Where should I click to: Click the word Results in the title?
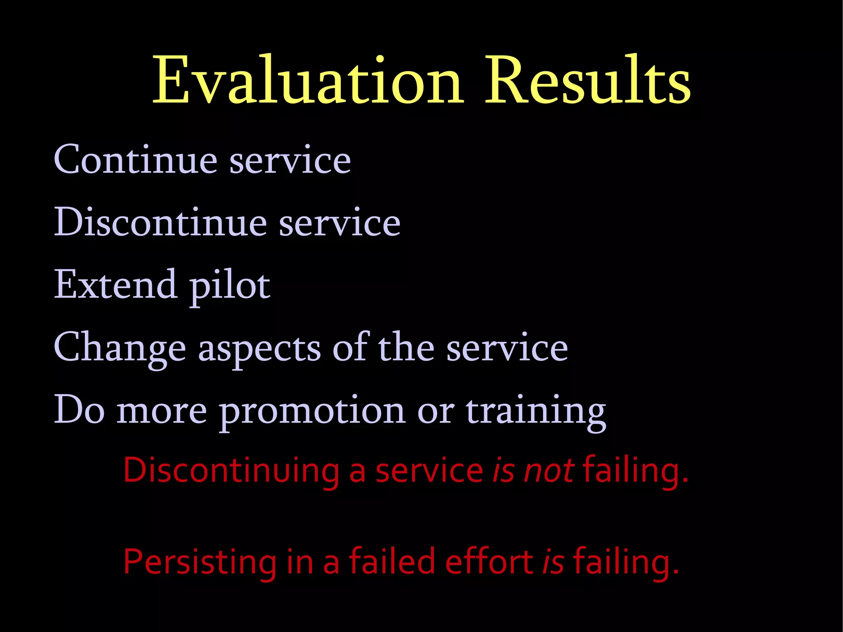click(588, 80)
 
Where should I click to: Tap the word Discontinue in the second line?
click(161, 222)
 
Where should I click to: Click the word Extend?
click(115, 285)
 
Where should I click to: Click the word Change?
click(120, 348)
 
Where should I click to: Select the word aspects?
click(259, 350)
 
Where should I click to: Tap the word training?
click(536, 412)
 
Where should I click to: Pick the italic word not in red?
click(549, 471)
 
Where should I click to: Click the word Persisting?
click(200, 562)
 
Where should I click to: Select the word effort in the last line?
click(489, 562)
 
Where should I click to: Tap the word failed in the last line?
click(392, 562)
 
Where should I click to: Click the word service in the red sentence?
click(429, 471)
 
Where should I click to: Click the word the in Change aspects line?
click(406, 348)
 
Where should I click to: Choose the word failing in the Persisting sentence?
click(626, 562)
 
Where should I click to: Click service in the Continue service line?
click(290, 161)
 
